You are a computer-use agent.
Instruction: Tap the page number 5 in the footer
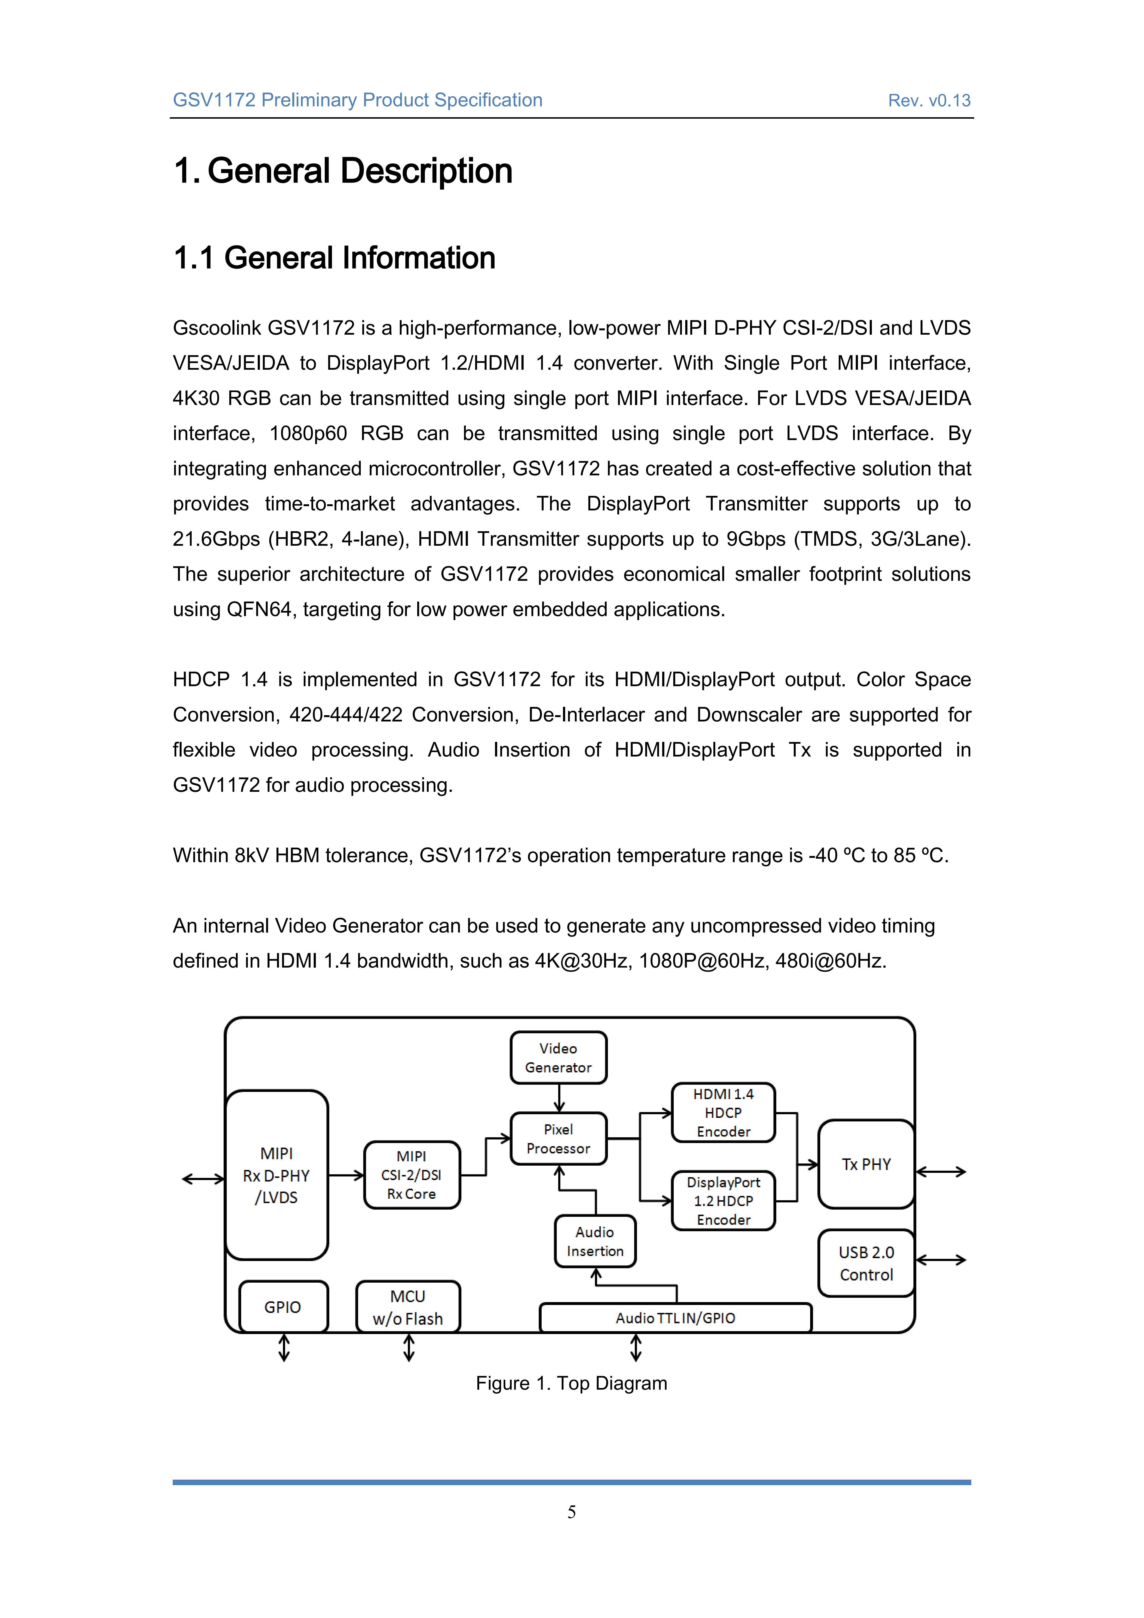(x=571, y=1512)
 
